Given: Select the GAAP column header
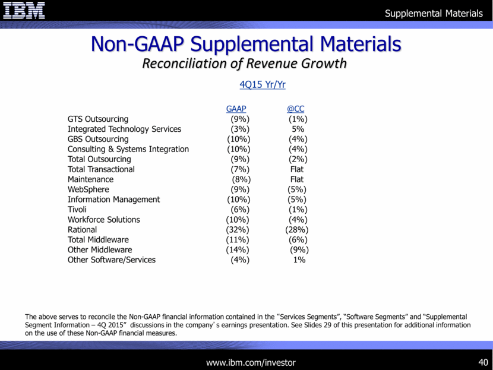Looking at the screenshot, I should (236, 109).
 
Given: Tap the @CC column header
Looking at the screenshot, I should (295, 109).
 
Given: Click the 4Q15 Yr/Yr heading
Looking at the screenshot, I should (263, 85).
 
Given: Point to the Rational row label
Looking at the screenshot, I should (82, 229).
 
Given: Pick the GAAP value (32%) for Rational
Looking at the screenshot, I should (238, 229).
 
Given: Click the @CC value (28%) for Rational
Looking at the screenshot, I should (296, 229).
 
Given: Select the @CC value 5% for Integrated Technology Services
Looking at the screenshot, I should (298, 129).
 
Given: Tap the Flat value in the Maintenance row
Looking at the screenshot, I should (296, 179).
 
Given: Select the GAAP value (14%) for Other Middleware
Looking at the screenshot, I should (238, 249).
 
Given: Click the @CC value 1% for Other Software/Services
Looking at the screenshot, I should (299, 260).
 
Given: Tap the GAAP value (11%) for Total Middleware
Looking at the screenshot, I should (238, 239).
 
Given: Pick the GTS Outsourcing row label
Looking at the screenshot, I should (98, 119).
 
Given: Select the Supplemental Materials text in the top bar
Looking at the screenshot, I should (434, 13).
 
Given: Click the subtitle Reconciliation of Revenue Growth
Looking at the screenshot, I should (244, 64).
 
